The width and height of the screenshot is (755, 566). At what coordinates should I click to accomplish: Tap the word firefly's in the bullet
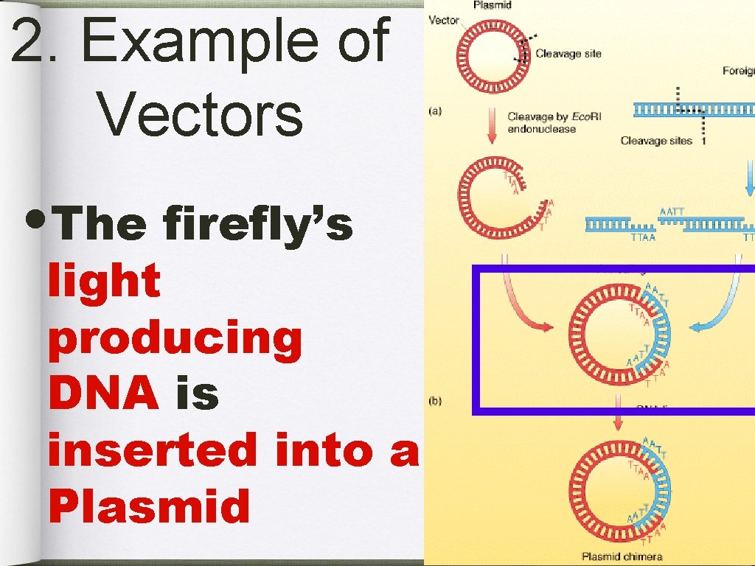[258, 223]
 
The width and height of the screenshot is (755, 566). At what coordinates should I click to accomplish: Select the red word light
[104, 281]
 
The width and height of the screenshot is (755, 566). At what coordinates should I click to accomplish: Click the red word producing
[175, 339]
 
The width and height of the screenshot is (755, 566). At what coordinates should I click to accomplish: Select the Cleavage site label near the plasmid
[568, 53]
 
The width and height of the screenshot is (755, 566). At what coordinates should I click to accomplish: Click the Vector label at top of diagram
[444, 21]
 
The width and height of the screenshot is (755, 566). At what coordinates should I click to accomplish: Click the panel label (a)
[436, 111]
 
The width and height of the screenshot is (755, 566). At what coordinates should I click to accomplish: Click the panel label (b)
[436, 402]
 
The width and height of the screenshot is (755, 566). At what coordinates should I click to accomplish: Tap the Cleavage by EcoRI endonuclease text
[541, 123]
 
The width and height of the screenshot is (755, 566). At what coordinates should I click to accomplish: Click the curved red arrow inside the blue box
[523, 302]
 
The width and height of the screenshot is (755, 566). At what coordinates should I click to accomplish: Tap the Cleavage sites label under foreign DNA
[656, 141]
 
